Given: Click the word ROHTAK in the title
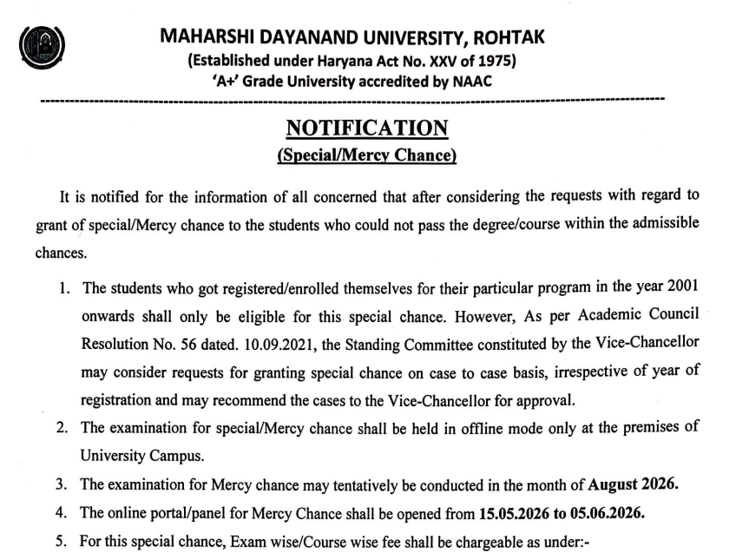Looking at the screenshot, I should [x=503, y=39].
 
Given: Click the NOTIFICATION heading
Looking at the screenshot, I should [x=367, y=128].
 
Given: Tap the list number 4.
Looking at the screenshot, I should [x=61, y=512].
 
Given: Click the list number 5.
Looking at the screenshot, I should [x=61, y=539].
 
